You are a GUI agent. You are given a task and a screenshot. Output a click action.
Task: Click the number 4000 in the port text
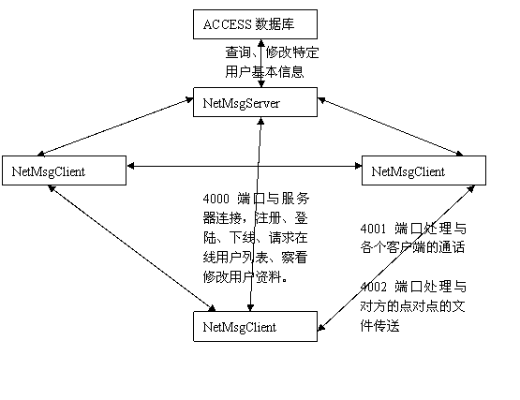pos(215,199)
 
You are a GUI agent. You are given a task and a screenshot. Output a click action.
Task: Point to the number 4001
pos(374,229)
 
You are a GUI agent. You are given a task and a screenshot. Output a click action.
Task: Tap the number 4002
pos(374,287)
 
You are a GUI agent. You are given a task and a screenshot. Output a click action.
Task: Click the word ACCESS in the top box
pos(228,24)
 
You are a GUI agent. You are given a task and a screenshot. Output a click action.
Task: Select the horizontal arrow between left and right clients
pos(245,166)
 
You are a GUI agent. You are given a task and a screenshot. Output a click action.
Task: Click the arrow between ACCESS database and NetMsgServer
pos(261,64)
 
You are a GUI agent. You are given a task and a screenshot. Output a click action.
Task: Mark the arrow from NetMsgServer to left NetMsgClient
pos(115,126)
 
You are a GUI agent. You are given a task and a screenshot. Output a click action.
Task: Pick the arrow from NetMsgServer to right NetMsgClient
pos(391,126)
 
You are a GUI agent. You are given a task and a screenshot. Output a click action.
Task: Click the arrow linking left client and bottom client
pos(132,248)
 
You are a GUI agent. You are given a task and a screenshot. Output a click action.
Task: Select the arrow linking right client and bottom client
pos(396,258)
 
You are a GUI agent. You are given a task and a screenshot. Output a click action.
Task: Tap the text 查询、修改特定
pos(272,52)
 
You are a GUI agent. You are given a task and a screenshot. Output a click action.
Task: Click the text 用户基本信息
pos(264,71)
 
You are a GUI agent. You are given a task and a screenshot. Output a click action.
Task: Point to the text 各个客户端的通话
pos(412,247)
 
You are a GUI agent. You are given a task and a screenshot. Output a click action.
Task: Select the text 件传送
pos(379,326)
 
